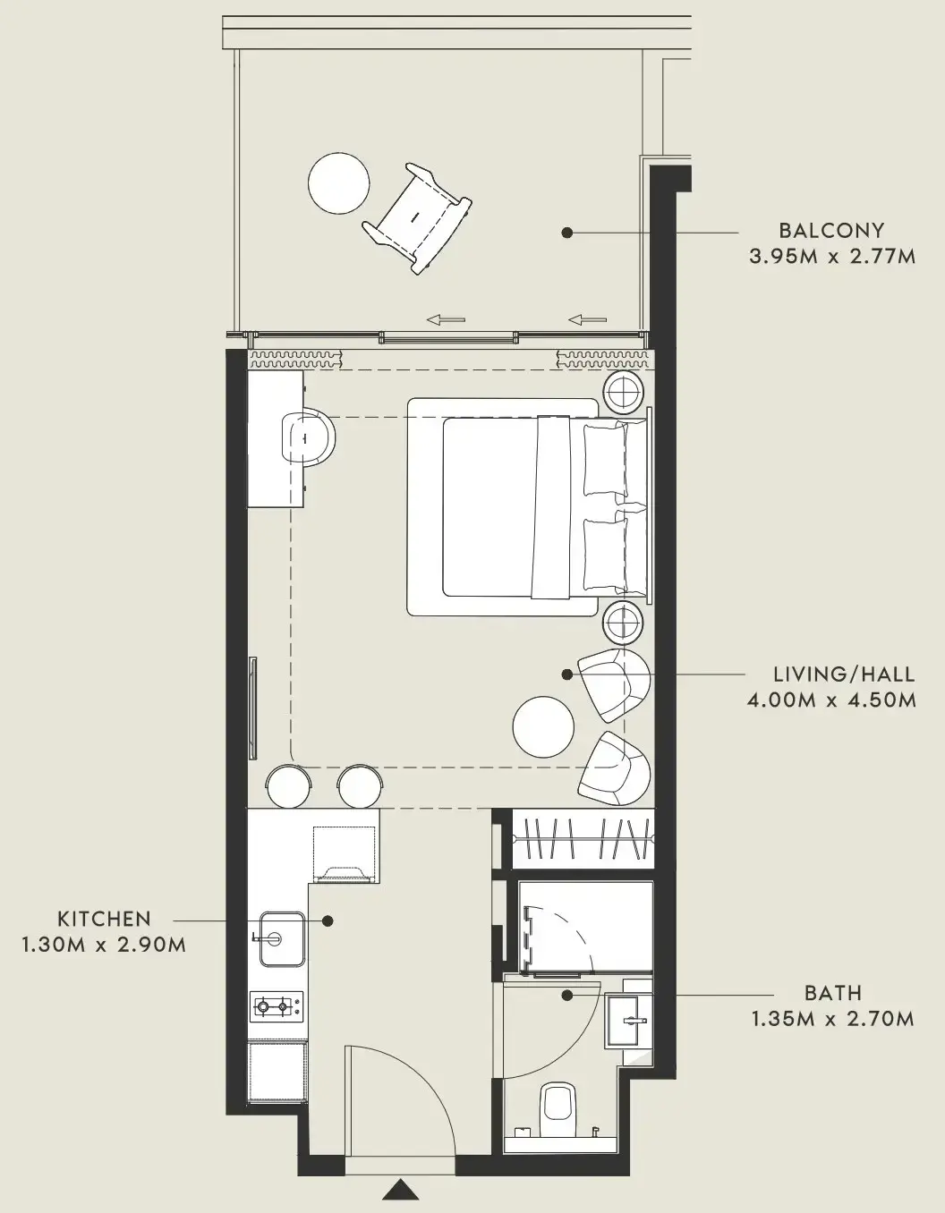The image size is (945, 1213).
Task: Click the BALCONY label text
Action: [x=831, y=231]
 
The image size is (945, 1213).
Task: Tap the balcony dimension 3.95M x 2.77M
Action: [x=832, y=257]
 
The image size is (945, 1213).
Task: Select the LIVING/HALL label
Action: [x=844, y=674]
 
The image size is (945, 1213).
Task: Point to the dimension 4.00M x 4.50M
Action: [x=831, y=700]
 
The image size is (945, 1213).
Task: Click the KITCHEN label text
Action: [x=105, y=919]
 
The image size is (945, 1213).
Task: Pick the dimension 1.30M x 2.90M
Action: [x=104, y=945]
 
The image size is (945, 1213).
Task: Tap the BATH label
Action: [x=833, y=993]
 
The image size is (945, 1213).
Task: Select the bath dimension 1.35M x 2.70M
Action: [x=833, y=1019]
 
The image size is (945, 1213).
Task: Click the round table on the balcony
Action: [x=339, y=183]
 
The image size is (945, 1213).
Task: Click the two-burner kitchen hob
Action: [x=277, y=1007]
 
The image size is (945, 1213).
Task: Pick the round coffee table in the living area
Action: [x=543, y=726]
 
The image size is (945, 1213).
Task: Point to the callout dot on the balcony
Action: [x=567, y=233]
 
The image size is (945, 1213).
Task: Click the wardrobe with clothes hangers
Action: [x=583, y=838]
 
